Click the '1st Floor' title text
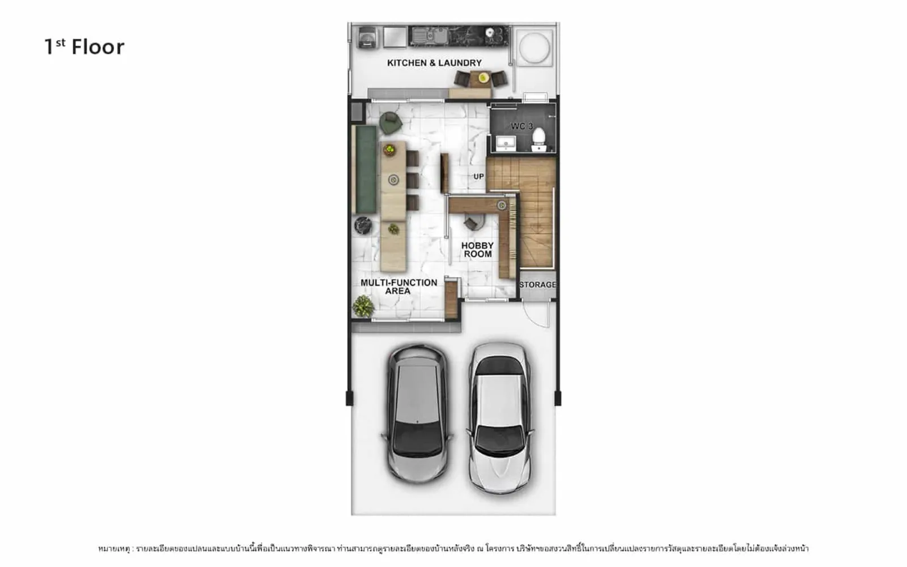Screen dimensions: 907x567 click(84, 47)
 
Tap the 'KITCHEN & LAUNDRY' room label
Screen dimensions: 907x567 click(434, 63)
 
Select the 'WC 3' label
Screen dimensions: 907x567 click(522, 126)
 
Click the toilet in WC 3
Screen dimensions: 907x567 click(539, 139)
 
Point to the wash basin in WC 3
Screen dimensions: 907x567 click(506, 143)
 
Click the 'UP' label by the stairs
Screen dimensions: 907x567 click(478, 176)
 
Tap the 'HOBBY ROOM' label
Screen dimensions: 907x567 click(477, 250)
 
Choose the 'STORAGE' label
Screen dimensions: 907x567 click(538, 285)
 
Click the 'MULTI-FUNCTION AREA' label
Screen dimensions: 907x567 click(399, 287)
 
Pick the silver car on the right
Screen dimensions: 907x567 click(499, 418)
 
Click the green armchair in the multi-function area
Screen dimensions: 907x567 click(391, 122)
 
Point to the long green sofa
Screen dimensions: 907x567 click(366, 170)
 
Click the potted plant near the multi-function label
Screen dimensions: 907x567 click(363, 306)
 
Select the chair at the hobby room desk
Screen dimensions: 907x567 click(473, 223)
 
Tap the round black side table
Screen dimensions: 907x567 click(363, 226)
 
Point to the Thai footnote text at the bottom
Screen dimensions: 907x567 click(453, 549)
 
